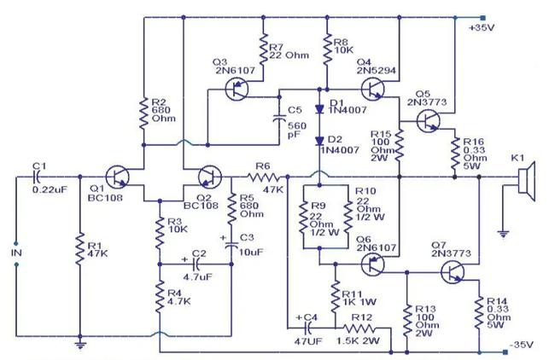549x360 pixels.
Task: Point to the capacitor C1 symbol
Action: pos(38,177)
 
